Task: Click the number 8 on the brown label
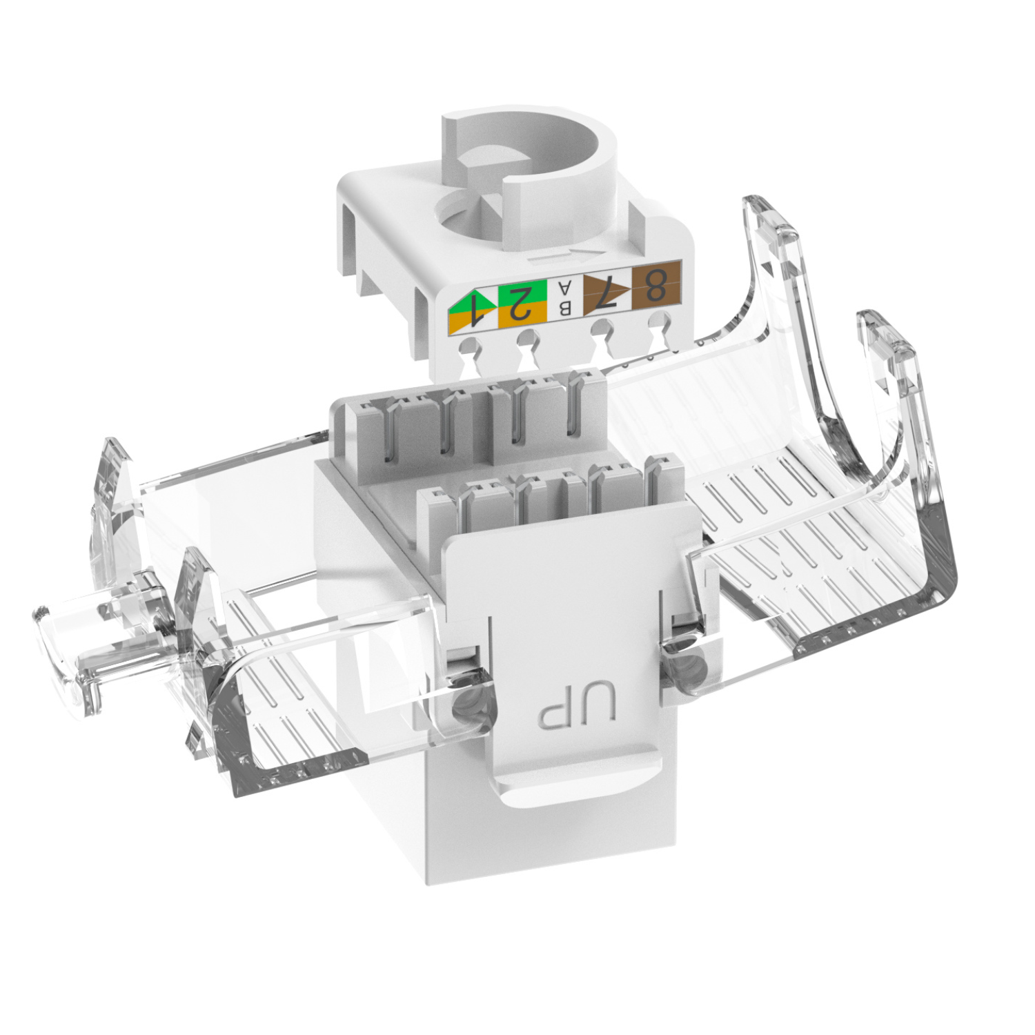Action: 656,284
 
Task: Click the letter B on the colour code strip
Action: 565,308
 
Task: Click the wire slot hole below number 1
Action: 471,347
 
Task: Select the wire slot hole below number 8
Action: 659,322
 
